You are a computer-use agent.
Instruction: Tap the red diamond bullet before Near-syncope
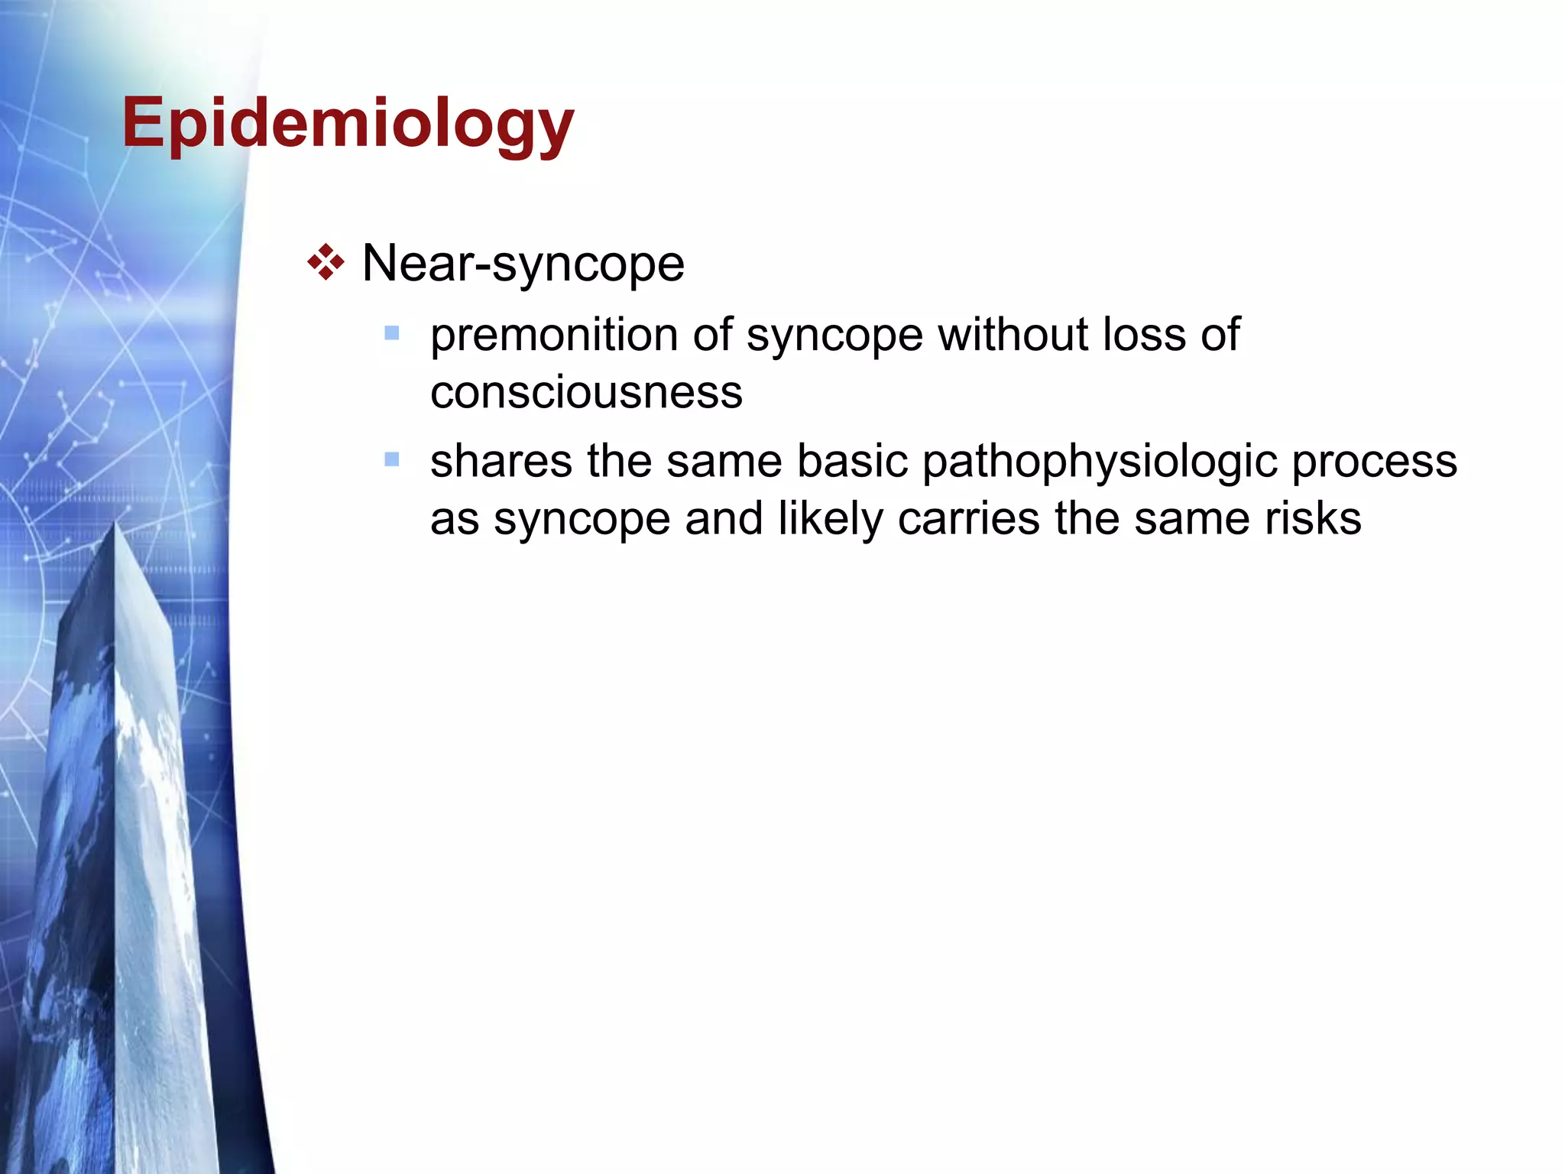(326, 263)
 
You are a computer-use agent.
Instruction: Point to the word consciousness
(586, 392)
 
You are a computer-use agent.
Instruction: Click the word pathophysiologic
(1100, 462)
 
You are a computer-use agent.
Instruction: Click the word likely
(831, 520)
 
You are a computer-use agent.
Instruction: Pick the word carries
(968, 518)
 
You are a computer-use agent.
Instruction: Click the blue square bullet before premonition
(392, 333)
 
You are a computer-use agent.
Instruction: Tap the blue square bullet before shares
(392, 459)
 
